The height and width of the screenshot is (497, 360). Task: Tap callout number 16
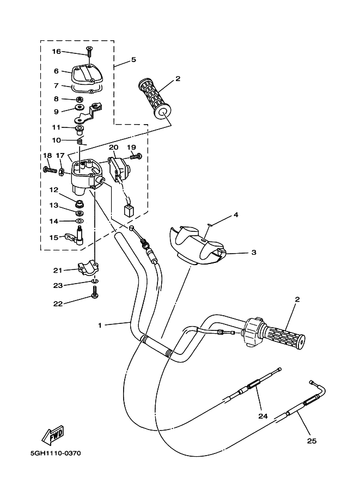pyautogui.click(x=57, y=52)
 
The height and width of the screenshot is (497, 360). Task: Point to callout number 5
pyautogui.click(x=133, y=59)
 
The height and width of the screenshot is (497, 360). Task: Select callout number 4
pyautogui.click(x=236, y=215)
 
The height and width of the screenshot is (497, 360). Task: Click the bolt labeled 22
pyautogui.click(x=95, y=294)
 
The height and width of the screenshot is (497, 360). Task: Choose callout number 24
pyautogui.click(x=263, y=416)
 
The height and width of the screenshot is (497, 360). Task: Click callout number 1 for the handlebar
pyautogui.click(x=100, y=326)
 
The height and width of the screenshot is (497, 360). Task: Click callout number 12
pyautogui.click(x=54, y=189)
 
